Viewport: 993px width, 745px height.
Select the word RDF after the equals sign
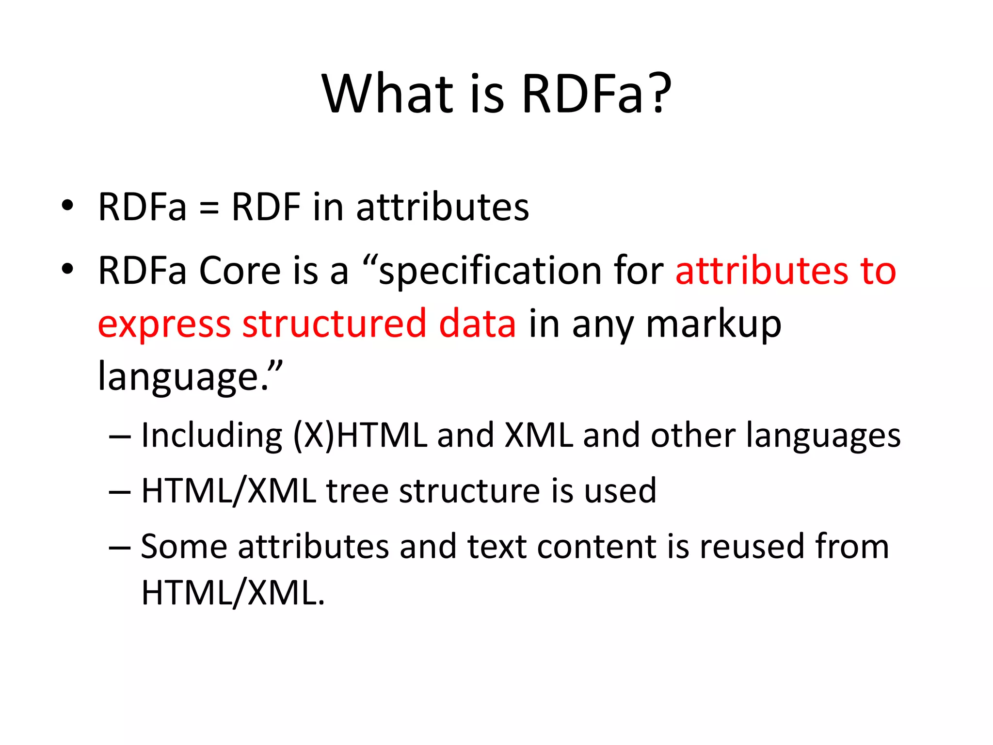click(266, 207)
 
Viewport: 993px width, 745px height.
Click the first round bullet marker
click(67, 206)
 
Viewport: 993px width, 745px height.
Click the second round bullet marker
click(67, 269)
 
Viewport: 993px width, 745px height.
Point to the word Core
click(240, 271)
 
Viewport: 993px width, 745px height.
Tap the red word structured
click(334, 324)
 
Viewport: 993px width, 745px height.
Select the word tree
click(357, 491)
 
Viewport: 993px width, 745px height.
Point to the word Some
click(184, 547)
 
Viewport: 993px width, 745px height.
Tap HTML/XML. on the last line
click(233, 593)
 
